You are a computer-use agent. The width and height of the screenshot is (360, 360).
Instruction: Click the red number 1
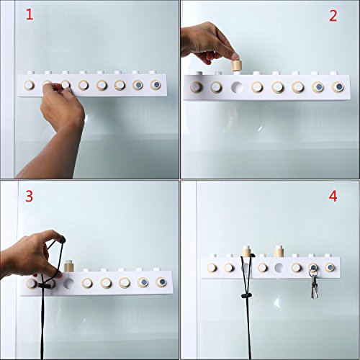(x=30, y=14)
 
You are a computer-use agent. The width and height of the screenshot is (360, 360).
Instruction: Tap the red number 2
(x=333, y=16)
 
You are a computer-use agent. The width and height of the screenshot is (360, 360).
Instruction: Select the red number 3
(x=30, y=196)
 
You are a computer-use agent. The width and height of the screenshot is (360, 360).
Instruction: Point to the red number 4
(x=333, y=197)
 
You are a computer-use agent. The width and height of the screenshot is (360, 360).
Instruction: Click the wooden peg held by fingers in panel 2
(x=236, y=66)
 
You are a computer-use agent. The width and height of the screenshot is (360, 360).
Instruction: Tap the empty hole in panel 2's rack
(x=237, y=87)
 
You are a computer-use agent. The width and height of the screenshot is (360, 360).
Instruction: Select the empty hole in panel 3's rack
(x=69, y=284)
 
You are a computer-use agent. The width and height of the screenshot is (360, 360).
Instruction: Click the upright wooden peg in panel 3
(x=69, y=266)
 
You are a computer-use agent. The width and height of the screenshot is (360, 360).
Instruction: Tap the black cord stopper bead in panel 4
(x=245, y=295)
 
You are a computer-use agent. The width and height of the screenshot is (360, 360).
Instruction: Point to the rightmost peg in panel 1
(x=156, y=85)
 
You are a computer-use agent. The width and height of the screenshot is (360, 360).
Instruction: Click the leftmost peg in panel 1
(x=29, y=85)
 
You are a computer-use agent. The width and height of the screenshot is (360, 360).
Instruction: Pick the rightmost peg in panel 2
(x=338, y=87)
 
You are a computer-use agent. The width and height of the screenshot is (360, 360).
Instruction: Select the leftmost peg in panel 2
(x=197, y=87)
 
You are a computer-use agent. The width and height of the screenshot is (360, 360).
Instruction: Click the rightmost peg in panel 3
(x=161, y=282)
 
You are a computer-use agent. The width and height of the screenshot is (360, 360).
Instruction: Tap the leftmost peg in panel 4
(x=212, y=268)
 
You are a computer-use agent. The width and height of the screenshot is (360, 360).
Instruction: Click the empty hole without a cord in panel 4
(x=279, y=267)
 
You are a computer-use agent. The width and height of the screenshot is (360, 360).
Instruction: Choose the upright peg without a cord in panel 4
(x=279, y=251)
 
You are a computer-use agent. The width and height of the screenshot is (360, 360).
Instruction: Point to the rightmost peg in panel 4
(x=330, y=267)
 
